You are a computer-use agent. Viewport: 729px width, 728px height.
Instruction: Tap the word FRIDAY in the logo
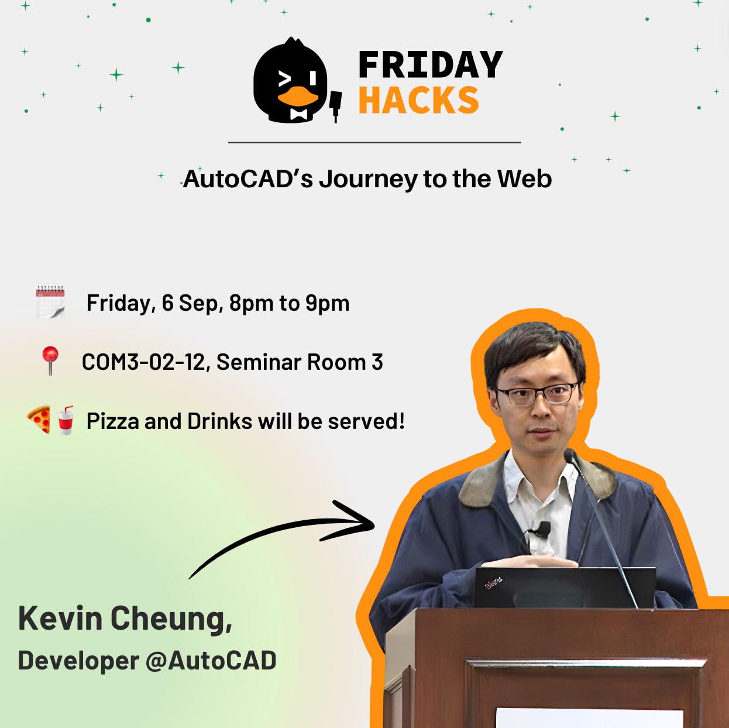tap(430, 64)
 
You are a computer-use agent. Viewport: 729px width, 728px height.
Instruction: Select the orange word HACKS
tap(418, 100)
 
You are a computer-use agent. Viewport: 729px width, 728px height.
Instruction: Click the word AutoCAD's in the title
tap(248, 179)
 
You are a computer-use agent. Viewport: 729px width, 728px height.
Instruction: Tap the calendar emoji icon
tap(50, 302)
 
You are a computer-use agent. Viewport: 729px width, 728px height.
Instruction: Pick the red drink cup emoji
tap(66, 420)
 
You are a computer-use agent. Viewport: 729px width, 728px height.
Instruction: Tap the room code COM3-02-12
tap(143, 362)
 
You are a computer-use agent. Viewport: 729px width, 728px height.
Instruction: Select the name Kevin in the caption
tap(60, 618)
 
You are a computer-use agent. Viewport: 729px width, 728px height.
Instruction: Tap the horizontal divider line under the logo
tap(374, 142)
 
